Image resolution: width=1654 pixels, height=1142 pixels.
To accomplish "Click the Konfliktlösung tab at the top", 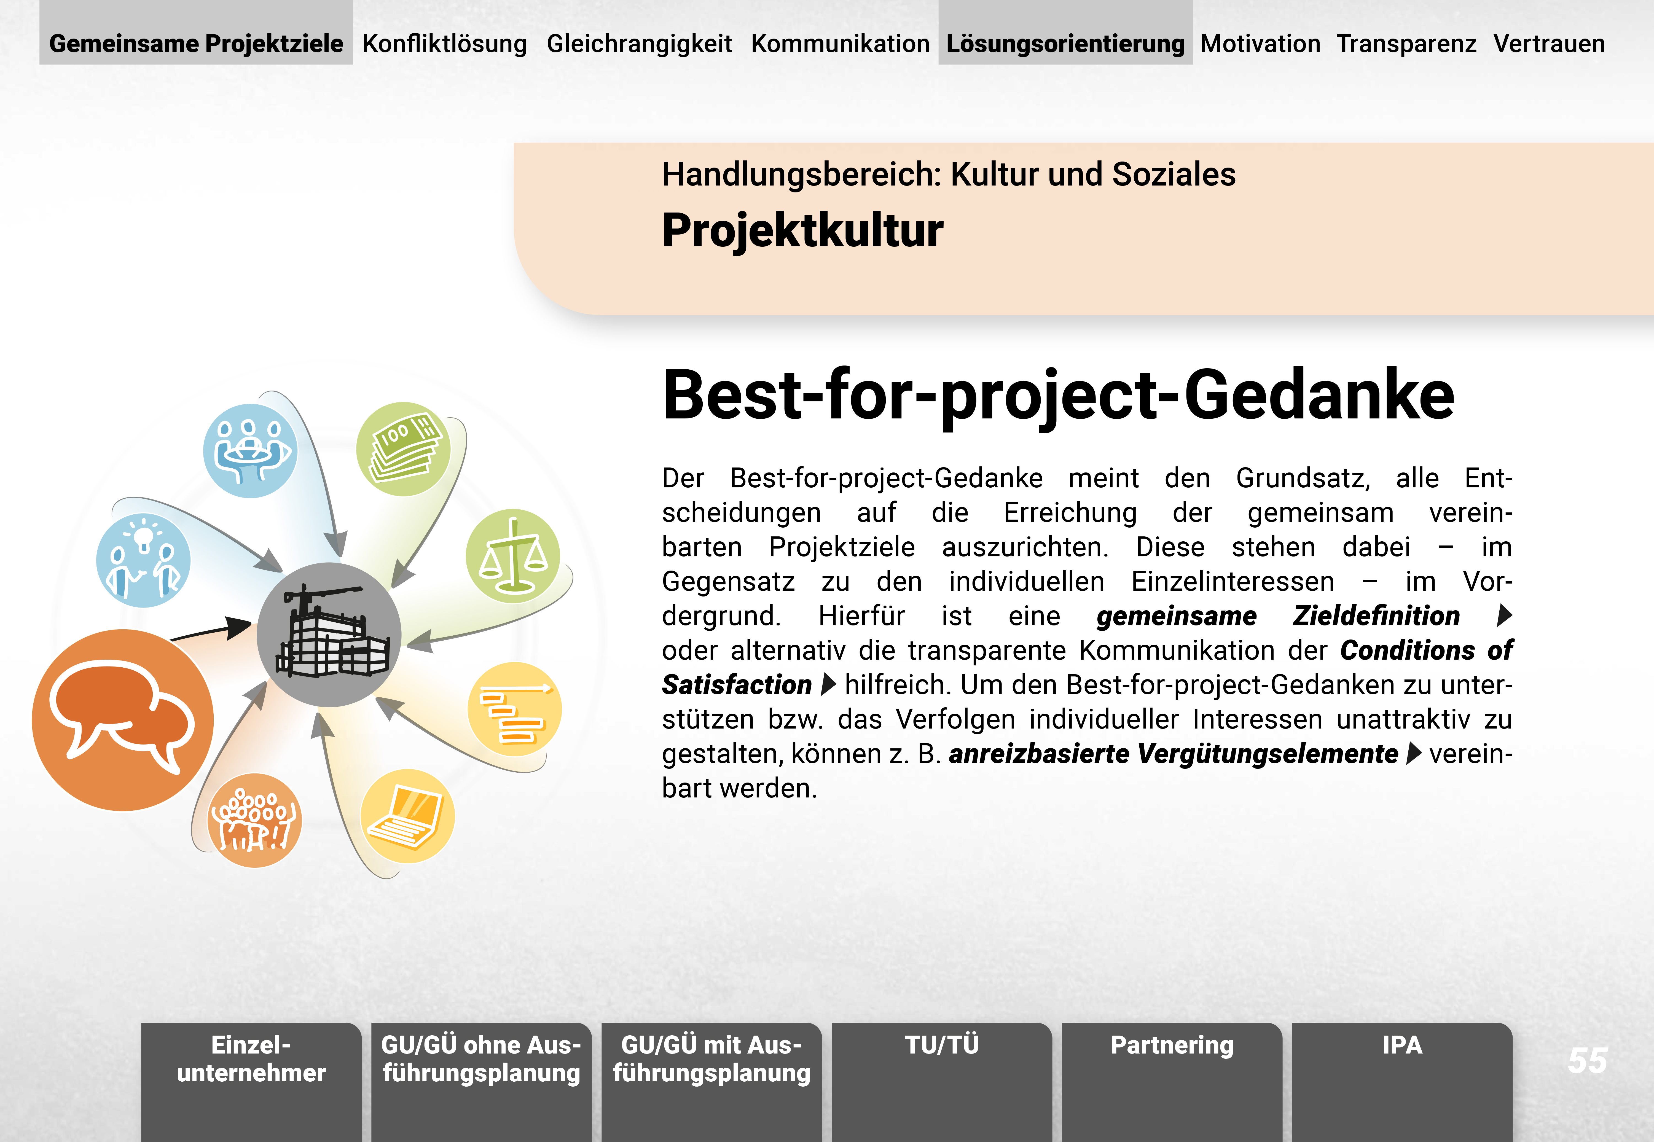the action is (x=444, y=44).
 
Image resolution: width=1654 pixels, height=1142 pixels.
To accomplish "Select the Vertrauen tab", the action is (x=1549, y=44).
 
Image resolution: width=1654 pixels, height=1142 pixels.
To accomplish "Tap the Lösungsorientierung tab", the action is (x=1065, y=44).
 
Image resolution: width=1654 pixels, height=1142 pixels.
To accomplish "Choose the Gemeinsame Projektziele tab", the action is (x=196, y=44).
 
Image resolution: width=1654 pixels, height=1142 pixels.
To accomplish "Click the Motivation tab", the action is (x=1260, y=44).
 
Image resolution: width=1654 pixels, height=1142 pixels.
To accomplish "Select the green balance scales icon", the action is (x=513, y=556).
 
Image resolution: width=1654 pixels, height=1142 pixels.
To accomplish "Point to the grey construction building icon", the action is (x=329, y=635).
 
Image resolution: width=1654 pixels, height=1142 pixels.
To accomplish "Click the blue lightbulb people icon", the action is (x=143, y=560).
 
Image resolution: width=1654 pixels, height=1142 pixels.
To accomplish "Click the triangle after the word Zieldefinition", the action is (x=1505, y=615).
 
